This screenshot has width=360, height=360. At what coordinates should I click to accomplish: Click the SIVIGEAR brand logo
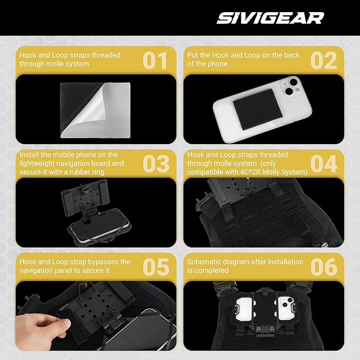point(270,18)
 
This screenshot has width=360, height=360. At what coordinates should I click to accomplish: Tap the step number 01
point(155,60)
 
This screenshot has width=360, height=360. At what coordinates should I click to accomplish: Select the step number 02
point(324,60)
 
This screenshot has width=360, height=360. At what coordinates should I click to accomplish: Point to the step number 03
point(156,164)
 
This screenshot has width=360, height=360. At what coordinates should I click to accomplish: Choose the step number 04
point(324,164)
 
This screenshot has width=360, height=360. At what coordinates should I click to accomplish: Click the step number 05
point(156,267)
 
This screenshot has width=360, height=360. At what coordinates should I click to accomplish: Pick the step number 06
point(324,267)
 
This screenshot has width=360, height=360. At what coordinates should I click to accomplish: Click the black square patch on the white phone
point(257,109)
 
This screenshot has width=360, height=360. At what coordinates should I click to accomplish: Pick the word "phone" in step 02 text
point(218,64)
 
